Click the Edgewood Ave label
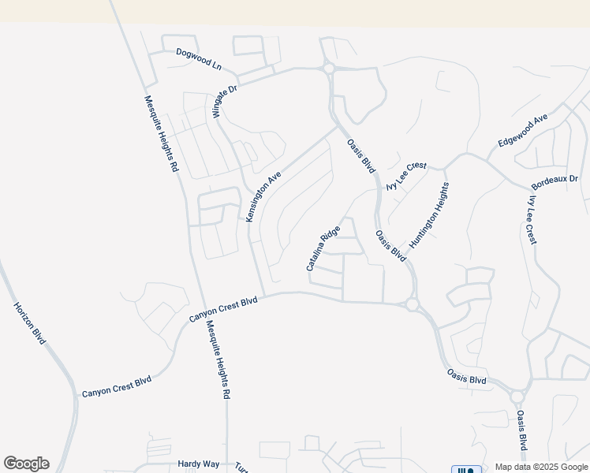point(522,131)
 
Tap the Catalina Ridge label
point(323,248)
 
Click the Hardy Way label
point(198,464)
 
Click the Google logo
point(26,464)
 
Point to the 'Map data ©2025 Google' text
point(541,467)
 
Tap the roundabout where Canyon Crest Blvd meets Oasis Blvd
point(412,304)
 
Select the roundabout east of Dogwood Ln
point(328,69)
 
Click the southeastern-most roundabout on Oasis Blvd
point(517,397)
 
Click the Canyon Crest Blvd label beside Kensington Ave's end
point(223,309)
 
